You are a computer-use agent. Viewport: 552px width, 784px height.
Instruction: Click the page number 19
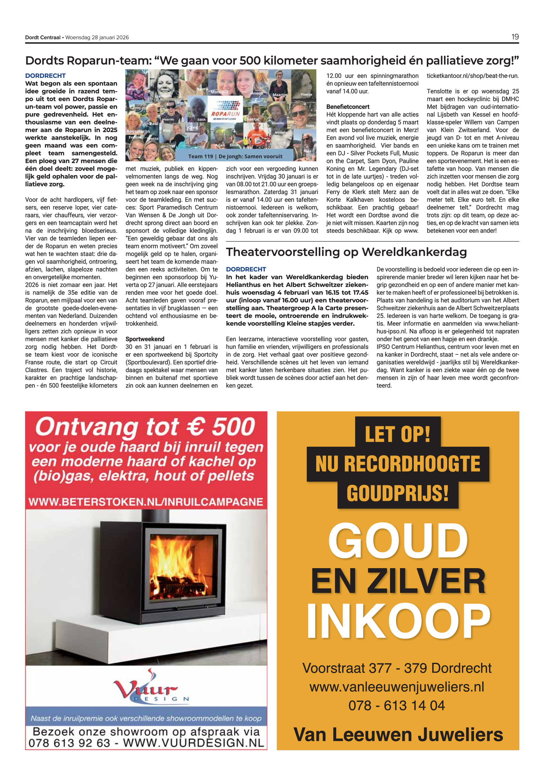pos(515,37)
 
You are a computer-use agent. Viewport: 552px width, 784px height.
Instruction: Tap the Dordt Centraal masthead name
pos(43,38)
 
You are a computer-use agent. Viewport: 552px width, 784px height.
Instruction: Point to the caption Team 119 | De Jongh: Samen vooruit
pos(235,157)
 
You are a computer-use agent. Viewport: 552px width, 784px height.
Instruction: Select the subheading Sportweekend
pos(145,339)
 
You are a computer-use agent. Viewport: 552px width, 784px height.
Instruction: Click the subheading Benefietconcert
pos(348,107)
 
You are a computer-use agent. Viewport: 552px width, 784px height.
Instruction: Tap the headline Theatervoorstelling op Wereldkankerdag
pos(346,252)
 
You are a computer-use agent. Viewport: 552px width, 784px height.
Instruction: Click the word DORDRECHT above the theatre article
pos(246,269)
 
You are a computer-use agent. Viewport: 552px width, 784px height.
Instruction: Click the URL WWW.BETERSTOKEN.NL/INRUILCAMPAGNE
pos(146,502)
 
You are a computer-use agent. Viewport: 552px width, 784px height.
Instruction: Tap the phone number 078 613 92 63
pos(69,743)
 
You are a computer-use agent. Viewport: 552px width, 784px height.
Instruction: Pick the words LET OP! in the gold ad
pos(397,434)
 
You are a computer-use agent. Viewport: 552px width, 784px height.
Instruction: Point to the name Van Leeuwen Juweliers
pos(398,734)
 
